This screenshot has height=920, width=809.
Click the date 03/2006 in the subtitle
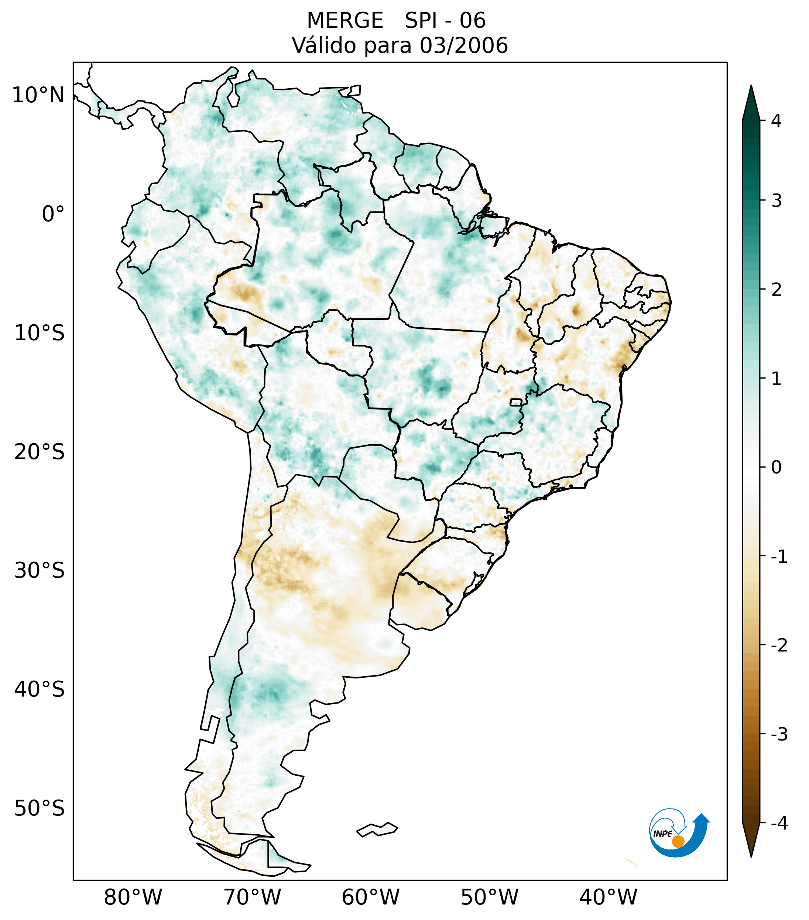click(463, 46)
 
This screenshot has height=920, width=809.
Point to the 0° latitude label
click(53, 214)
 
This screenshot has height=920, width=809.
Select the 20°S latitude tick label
click(40, 452)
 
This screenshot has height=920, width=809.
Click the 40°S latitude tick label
click(40, 690)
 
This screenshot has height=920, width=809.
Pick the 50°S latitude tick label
click(40, 809)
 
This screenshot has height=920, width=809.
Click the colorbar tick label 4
click(776, 121)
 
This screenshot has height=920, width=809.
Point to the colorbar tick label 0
click(776, 468)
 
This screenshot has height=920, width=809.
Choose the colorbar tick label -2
click(779, 646)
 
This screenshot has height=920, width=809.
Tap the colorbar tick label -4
click(779, 824)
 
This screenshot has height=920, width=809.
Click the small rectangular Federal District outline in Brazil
click(516, 402)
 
